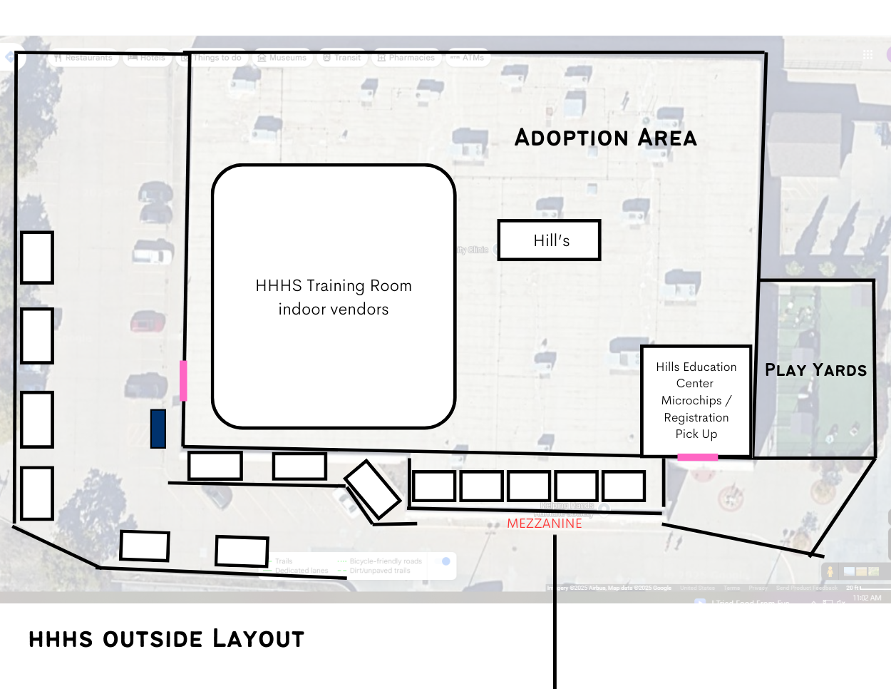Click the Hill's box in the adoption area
click(x=549, y=240)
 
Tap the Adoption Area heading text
click(x=605, y=137)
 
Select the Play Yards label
click(x=815, y=369)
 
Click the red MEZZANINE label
click(x=545, y=524)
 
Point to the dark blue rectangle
click(x=158, y=429)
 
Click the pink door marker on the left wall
click(x=183, y=380)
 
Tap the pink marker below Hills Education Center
click(x=697, y=457)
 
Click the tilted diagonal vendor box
click(x=372, y=489)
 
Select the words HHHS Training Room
click(x=334, y=286)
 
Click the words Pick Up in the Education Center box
click(x=696, y=434)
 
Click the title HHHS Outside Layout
click(x=166, y=638)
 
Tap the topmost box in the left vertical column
click(x=37, y=257)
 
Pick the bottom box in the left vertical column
click(x=37, y=493)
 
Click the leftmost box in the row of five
click(x=433, y=486)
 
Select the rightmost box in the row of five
click(x=624, y=486)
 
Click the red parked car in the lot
click(x=148, y=322)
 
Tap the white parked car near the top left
click(x=153, y=254)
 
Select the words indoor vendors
click(x=334, y=310)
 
